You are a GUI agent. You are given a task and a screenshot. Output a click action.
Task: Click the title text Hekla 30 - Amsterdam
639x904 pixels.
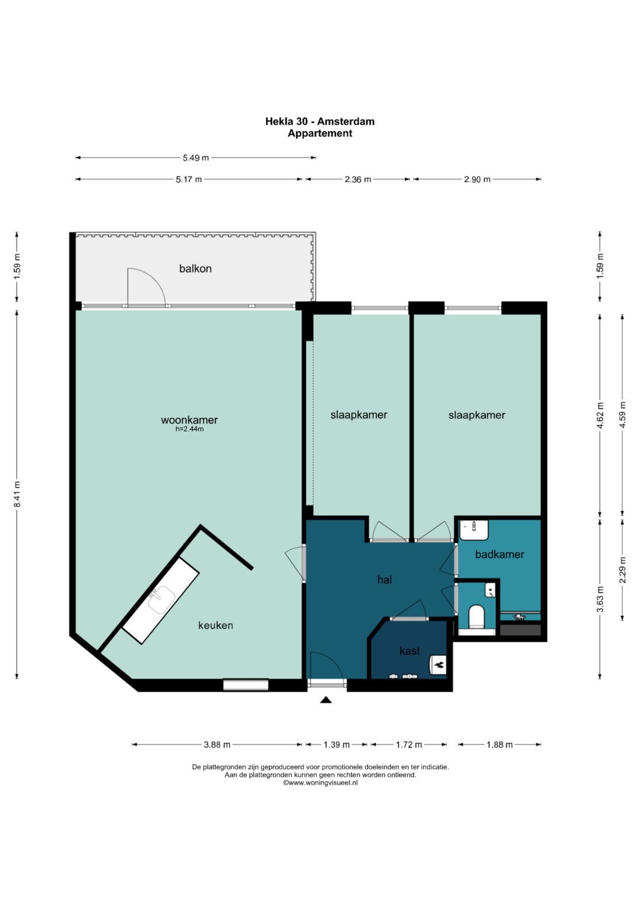click(x=319, y=121)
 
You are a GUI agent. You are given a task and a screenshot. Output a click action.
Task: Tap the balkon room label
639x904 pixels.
click(x=195, y=268)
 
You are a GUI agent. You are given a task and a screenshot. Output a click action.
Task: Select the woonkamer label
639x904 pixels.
click(x=189, y=420)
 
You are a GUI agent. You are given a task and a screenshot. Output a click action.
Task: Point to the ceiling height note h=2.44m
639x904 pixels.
click(x=189, y=429)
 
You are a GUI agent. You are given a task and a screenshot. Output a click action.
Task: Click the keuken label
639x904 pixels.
click(x=215, y=625)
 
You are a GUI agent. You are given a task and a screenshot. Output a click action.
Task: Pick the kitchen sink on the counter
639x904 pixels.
click(x=161, y=599)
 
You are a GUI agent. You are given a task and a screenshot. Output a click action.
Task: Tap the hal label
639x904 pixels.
click(x=385, y=580)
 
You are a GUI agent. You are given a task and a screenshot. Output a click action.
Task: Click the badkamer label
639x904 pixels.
click(x=499, y=554)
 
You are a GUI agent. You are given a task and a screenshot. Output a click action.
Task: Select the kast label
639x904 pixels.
click(x=409, y=651)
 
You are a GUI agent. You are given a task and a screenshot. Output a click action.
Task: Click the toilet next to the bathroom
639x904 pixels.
click(x=477, y=616)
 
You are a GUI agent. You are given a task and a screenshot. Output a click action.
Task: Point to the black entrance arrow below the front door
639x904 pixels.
click(x=326, y=700)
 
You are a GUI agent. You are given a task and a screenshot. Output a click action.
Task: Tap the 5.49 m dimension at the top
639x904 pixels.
click(x=196, y=158)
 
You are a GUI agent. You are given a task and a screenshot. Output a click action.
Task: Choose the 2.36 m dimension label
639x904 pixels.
click(x=357, y=179)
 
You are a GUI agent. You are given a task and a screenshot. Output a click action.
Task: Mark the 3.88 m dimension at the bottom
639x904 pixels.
click(x=217, y=745)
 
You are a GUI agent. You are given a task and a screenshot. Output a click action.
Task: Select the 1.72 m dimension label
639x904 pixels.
click(x=409, y=745)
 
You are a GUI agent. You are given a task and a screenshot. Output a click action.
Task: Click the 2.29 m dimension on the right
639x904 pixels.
click(x=622, y=570)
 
